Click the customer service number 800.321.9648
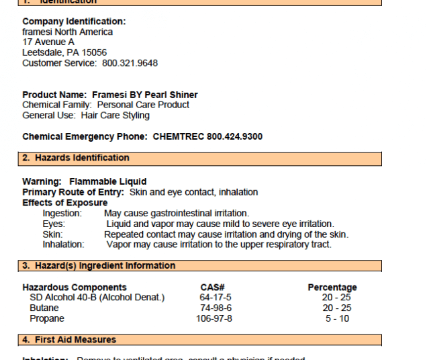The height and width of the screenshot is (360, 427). [x=130, y=63]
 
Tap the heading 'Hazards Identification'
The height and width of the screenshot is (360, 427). [x=82, y=158]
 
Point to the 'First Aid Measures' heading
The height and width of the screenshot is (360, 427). [x=75, y=339]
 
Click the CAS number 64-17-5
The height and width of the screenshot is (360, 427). [x=216, y=298]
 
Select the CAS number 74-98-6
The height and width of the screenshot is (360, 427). [x=216, y=308]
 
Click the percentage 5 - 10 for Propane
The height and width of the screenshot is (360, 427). [x=337, y=318]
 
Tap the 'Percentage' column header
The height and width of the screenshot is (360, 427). [x=332, y=287]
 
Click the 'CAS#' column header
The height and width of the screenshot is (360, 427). [x=213, y=287]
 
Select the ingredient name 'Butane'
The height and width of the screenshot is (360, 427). [x=44, y=308]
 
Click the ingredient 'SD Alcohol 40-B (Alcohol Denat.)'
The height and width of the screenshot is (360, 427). [x=97, y=298]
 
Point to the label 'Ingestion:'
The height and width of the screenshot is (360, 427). [x=62, y=214]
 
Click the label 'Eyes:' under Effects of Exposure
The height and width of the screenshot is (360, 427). [x=54, y=224]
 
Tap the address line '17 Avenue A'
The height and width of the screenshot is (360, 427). [x=48, y=42]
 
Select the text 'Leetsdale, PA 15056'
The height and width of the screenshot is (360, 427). [x=64, y=52]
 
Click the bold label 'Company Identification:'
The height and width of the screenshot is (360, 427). [x=74, y=21]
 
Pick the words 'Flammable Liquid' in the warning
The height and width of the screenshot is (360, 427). [x=107, y=181]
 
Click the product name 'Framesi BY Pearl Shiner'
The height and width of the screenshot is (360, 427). [x=145, y=95]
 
